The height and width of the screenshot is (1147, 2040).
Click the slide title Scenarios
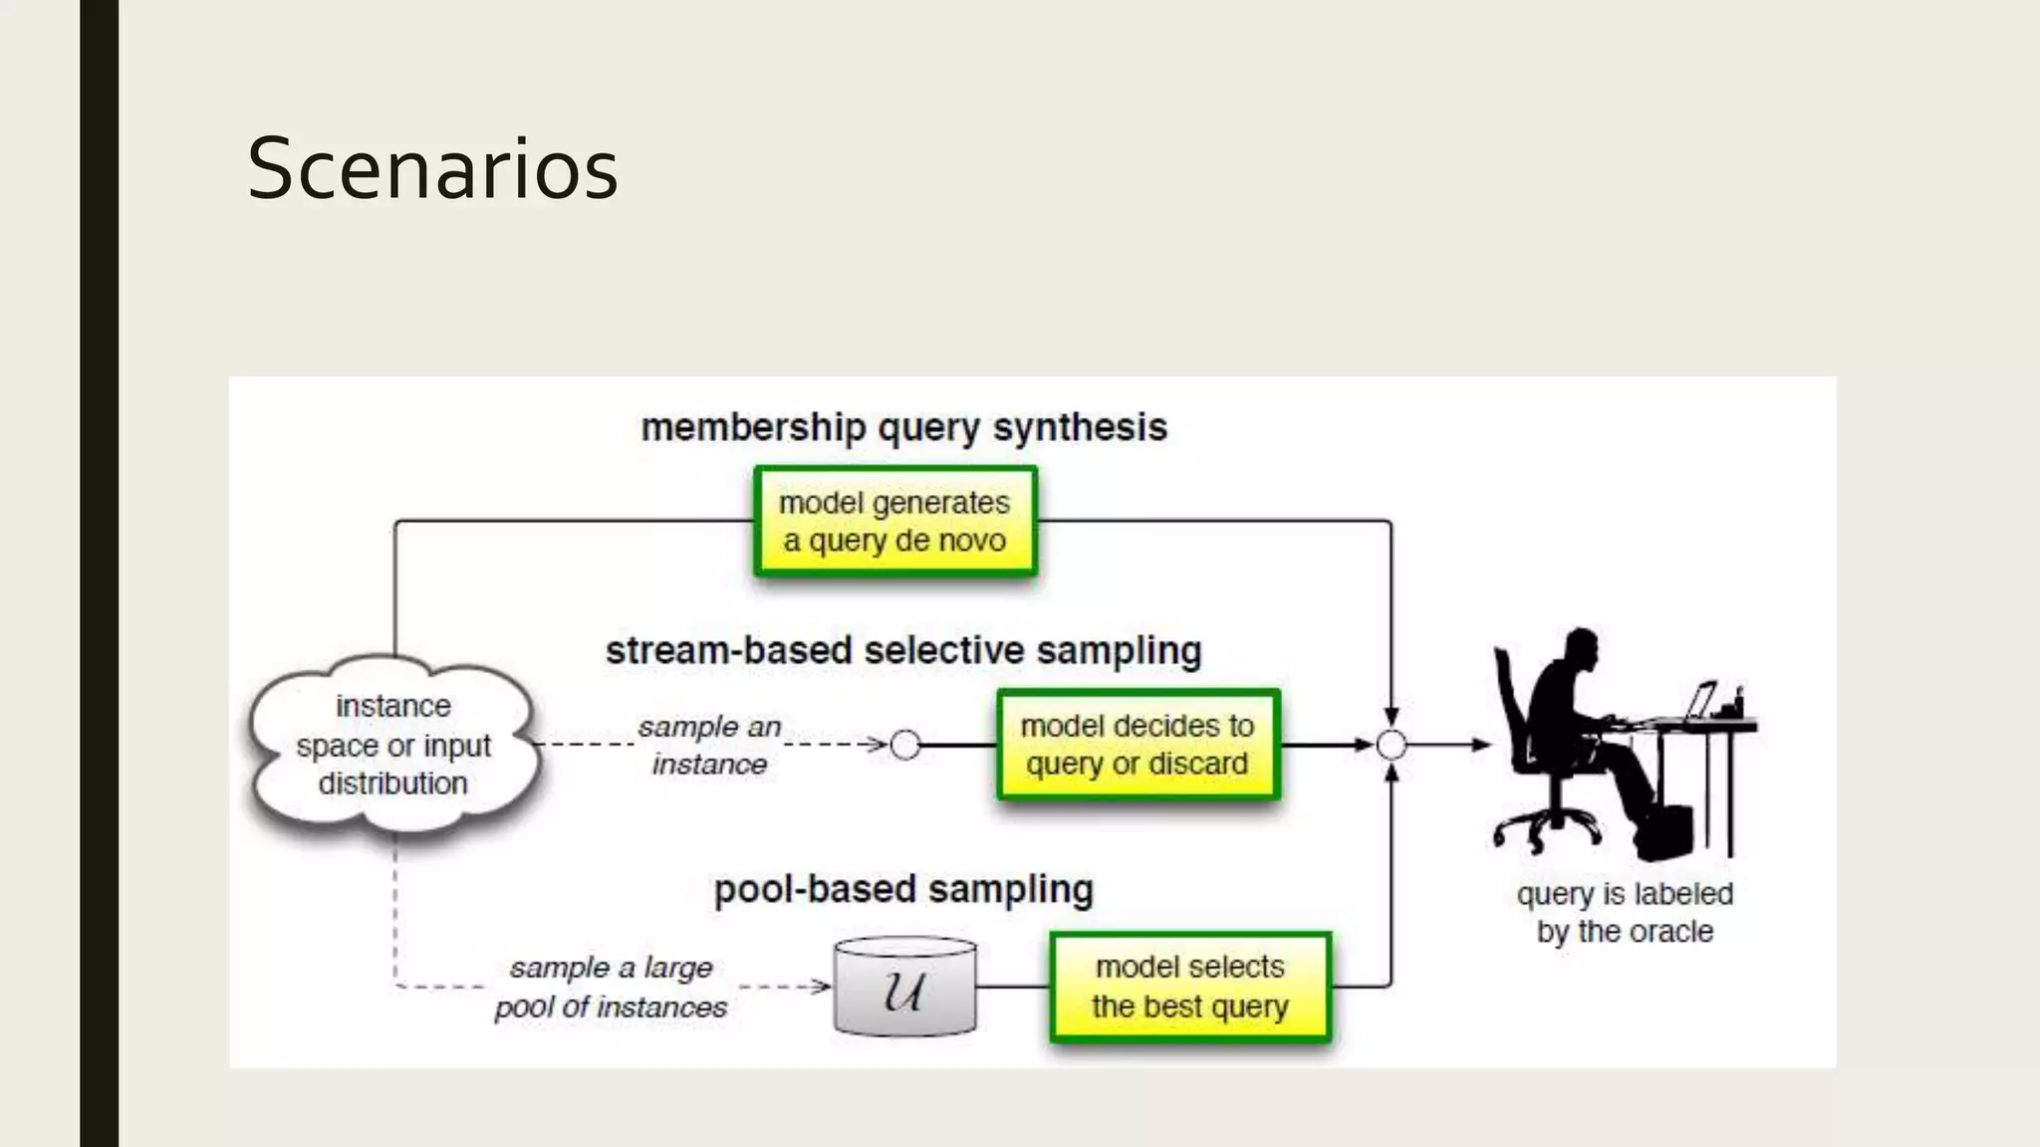pos(432,169)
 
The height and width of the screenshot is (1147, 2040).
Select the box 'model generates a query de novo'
pos(894,522)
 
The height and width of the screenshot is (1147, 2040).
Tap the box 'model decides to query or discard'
pos(1138,745)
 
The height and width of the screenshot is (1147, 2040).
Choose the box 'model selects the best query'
pos(1190,987)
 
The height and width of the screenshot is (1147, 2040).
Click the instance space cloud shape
pos(393,745)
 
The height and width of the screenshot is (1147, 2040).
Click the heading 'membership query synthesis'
pos(903,427)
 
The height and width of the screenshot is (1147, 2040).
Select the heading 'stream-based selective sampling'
pos(903,650)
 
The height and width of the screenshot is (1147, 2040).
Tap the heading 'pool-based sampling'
pos(903,889)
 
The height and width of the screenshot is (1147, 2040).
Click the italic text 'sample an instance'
pos(709,745)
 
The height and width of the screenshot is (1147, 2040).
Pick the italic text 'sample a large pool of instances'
pos(611,987)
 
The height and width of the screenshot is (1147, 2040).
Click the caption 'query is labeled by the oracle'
pos(1625,912)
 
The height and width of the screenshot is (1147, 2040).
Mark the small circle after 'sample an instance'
pos(904,745)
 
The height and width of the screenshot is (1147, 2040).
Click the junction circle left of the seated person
pos(1391,745)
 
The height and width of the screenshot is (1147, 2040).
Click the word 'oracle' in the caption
pos(1672,932)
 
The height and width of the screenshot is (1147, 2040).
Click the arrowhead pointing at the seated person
pos(1482,745)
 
